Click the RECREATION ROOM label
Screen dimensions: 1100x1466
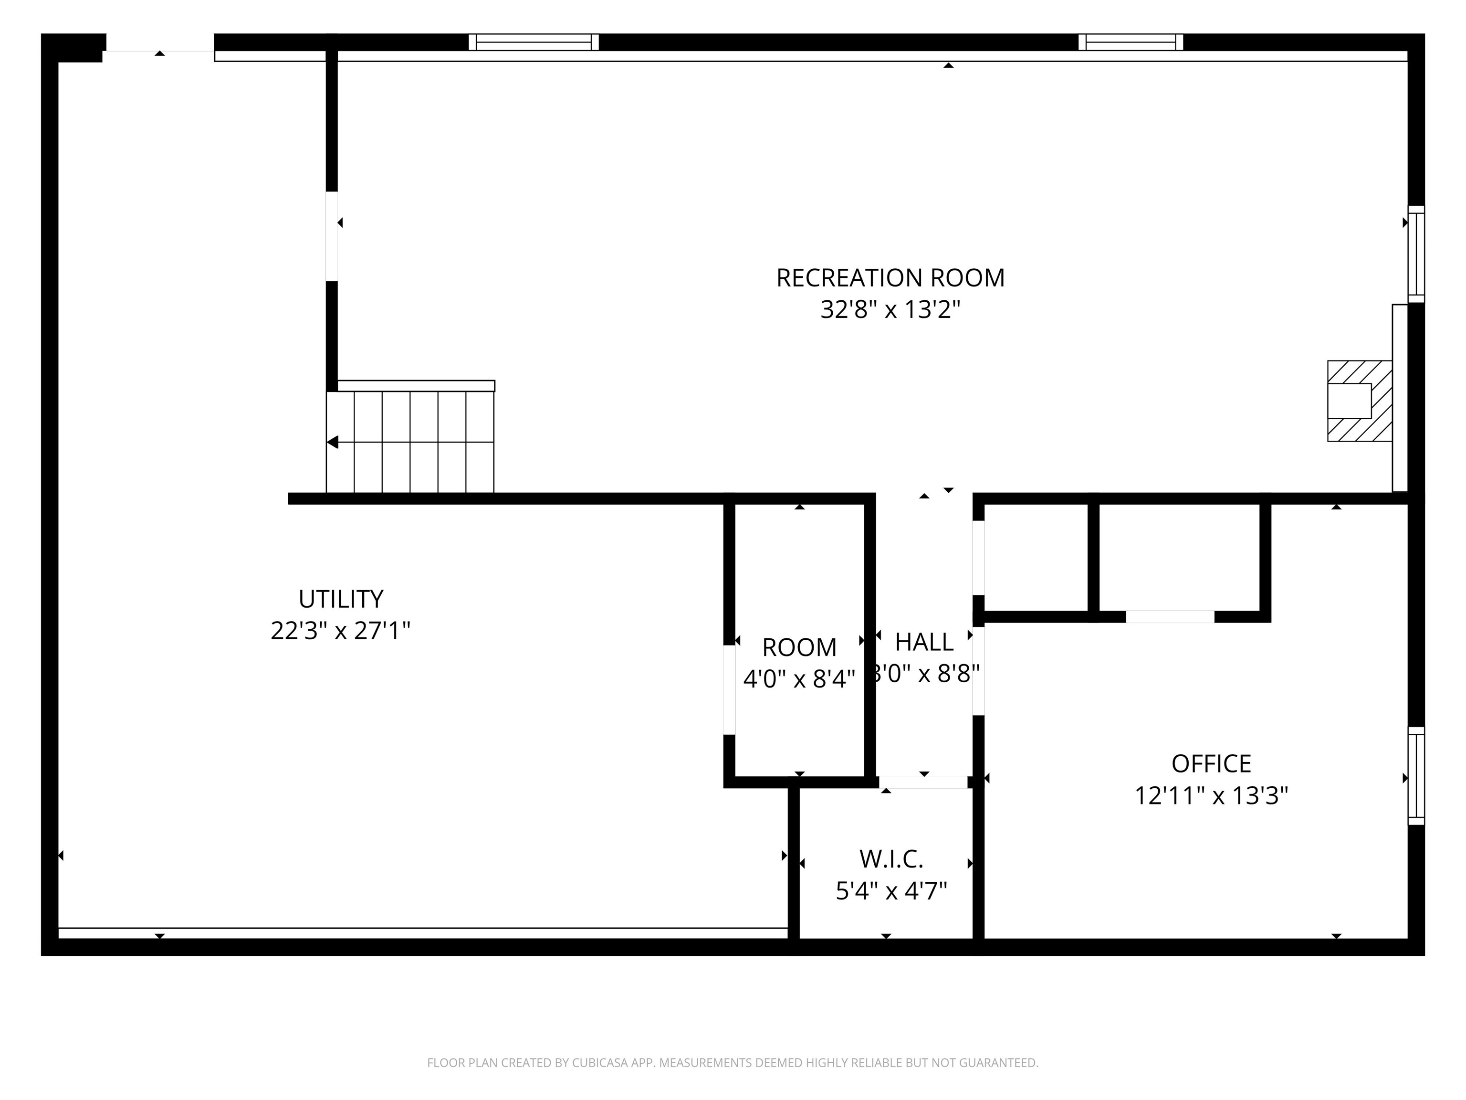[890, 278]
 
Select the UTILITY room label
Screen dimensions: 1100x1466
[341, 599]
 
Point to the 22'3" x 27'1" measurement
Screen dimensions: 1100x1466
[341, 631]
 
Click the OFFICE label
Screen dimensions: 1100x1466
[1211, 764]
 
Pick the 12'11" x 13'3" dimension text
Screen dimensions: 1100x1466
[1211, 796]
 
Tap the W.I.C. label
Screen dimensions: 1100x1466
[891, 859]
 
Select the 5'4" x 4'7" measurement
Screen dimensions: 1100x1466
[891, 891]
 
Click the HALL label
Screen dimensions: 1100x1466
[924, 642]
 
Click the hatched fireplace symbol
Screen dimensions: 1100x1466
[1359, 401]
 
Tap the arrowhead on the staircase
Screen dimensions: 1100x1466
[333, 442]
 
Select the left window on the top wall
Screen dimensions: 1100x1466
[534, 42]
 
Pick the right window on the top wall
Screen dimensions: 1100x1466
[1131, 42]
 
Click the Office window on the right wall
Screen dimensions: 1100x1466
[1415, 776]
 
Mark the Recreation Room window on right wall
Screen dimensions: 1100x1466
[1415, 254]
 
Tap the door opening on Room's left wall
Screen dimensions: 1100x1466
[729, 689]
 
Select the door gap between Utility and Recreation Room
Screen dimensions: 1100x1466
[331, 236]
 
